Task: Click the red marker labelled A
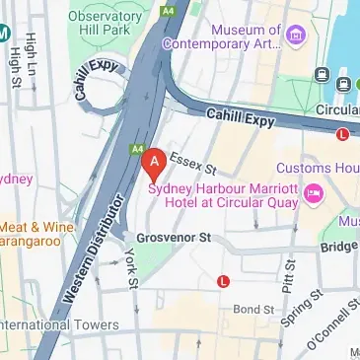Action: click(x=153, y=160)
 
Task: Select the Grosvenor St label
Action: click(x=174, y=238)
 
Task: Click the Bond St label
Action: click(x=252, y=310)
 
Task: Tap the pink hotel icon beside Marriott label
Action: click(x=315, y=189)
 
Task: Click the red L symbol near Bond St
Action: click(x=223, y=282)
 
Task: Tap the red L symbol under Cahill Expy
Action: click(x=342, y=133)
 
